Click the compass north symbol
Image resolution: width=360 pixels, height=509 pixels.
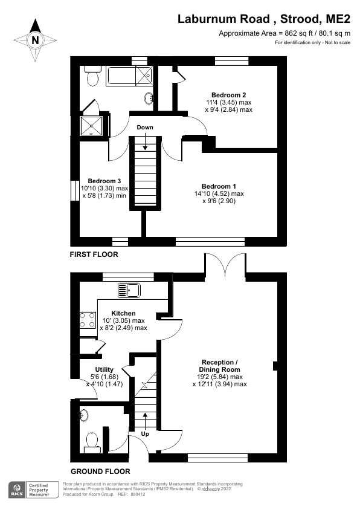pos(35,40)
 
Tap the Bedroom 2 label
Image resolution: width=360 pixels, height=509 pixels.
pos(228,95)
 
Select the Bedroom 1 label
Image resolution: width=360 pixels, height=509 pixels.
pos(218,186)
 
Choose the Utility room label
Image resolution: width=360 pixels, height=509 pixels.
pos(104,369)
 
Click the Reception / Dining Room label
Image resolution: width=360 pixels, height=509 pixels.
pos(219,365)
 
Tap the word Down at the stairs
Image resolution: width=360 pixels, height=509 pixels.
pos(145,128)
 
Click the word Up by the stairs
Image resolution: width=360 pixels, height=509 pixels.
pos(145,434)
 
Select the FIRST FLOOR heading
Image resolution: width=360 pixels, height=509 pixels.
pos(94,255)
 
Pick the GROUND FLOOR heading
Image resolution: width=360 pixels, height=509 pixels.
pos(100,472)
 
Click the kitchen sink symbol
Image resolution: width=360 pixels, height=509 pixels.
pos(129,290)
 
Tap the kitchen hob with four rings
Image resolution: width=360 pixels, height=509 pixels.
pos(88,319)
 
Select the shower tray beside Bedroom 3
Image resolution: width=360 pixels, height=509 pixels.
pos(92,126)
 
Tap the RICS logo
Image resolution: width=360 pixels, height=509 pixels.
pos(17,489)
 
